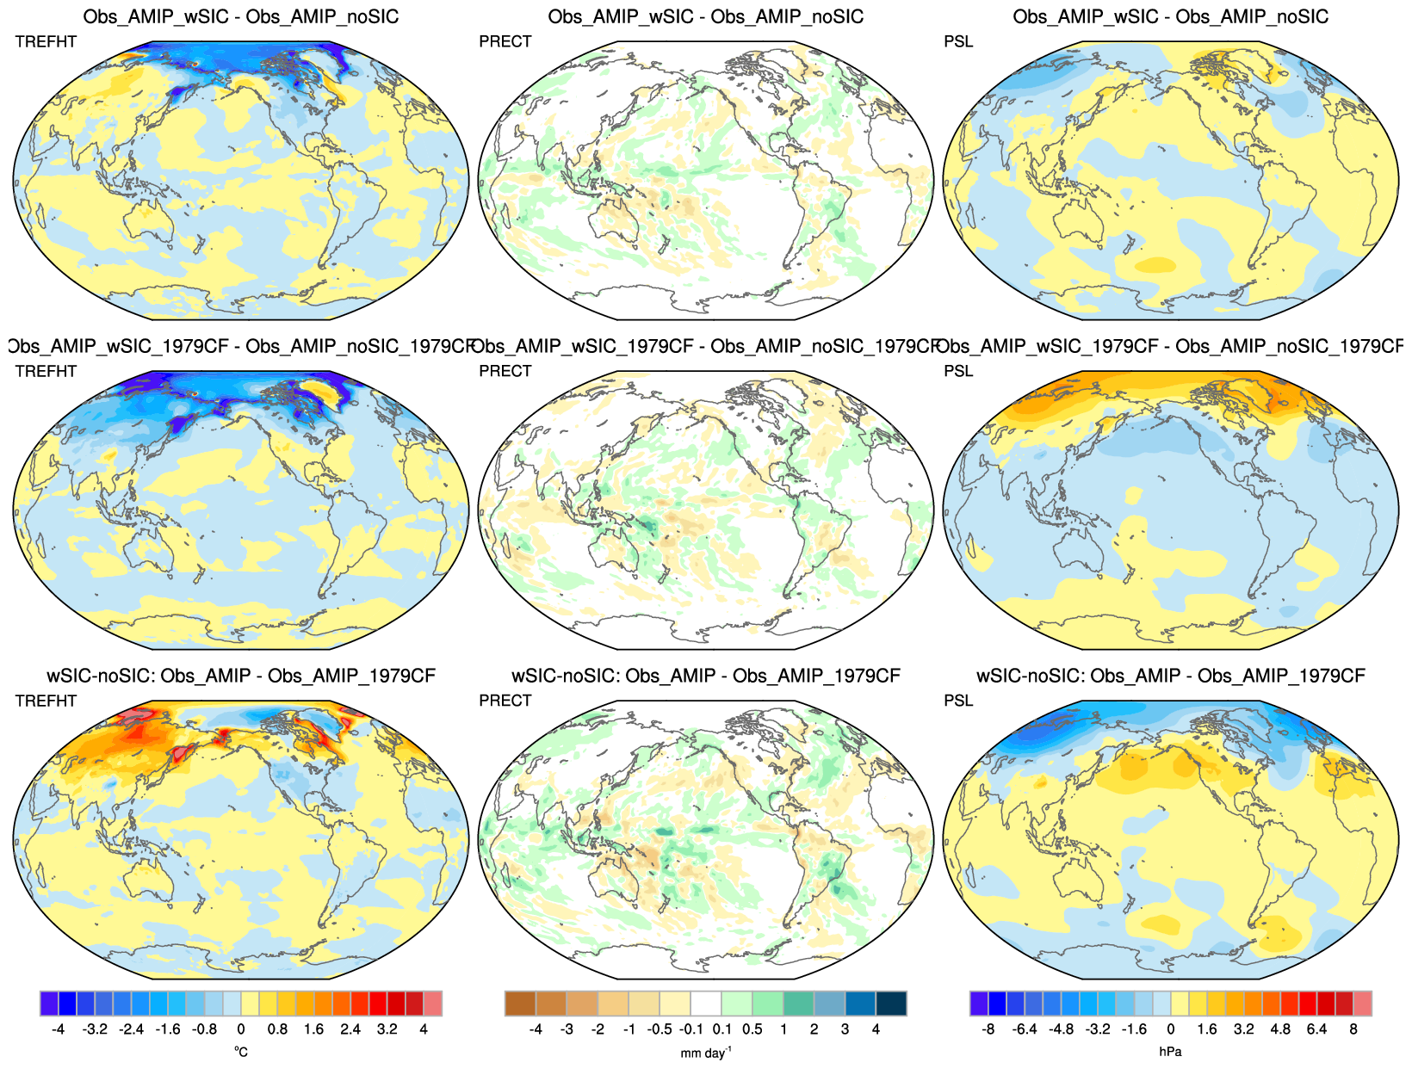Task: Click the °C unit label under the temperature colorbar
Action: coord(241,1052)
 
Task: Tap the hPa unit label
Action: coord(1170,1052)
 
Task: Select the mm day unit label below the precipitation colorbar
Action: coord(706,1052)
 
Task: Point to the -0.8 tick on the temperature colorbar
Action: coord(204,1029)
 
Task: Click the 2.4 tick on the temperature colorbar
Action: coord(350,1029)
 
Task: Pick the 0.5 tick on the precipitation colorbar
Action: coord(752,1029)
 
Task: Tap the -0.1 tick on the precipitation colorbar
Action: coord(691,1029)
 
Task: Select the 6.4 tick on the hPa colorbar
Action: coord(1316,1029)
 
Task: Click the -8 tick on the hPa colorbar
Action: coord(988,1029)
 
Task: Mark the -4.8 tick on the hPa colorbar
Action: coord(1061,1029)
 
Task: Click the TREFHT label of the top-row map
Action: coord(46,41)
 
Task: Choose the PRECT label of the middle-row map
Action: coord(505,371)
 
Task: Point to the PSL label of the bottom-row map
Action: coord(958,701)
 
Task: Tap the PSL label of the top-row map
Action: coord(958,41)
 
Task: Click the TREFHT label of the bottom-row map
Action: coord(46,701)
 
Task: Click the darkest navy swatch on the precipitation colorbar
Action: coord(891,1004)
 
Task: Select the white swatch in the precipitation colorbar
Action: coord(706,1004)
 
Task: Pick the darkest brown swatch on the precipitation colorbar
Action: coord(520,1004)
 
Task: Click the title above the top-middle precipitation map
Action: coord(706,16)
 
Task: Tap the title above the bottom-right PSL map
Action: coord(1171,676)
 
